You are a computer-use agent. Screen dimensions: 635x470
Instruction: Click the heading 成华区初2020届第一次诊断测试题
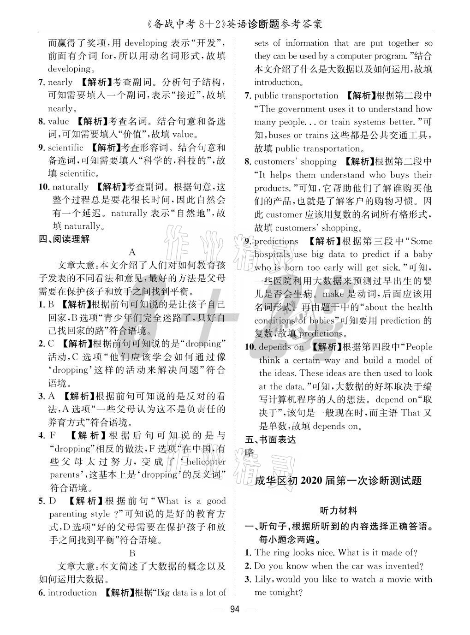[338, 480]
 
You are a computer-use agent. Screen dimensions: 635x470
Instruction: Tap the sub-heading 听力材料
[338, 510]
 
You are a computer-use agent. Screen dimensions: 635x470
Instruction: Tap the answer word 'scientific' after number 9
[65, 148]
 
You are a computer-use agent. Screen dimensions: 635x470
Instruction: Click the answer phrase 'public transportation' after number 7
[296, 95]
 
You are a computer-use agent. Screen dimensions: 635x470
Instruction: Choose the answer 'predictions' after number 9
[276, 241]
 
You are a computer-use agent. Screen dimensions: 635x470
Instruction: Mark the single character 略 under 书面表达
[250, 452]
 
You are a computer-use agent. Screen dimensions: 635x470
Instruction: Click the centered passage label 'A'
[132, 252]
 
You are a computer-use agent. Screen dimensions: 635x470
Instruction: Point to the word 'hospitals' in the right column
[272, 254]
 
